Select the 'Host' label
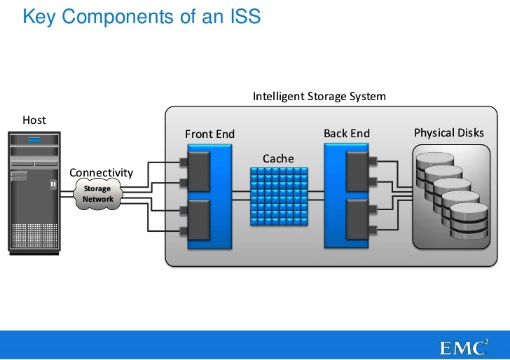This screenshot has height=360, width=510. point(34,120)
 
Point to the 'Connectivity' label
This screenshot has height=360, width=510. point(101,172)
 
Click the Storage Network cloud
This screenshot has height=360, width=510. point(97,194)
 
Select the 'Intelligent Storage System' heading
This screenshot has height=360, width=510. point(319,96)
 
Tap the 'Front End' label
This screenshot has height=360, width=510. point(209,134)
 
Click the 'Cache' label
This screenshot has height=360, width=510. point(278,158)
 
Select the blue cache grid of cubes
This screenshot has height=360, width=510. point(278,195)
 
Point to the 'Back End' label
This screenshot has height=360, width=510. point(346,133)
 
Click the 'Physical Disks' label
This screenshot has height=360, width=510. point(448,132)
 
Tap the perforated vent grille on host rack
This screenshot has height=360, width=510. point(34,232)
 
